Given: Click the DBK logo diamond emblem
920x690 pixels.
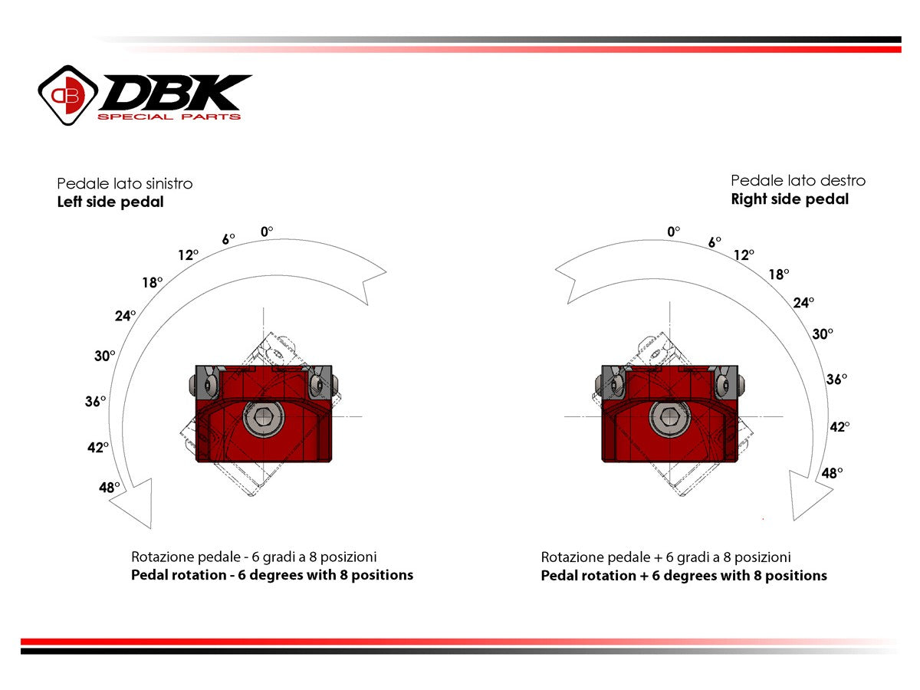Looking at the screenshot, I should pos(68,94).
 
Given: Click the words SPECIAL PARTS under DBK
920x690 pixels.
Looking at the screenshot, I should pos(169,117).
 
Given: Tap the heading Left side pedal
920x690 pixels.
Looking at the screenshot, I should pos(110,203).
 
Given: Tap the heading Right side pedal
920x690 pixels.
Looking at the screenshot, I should pos(790,199).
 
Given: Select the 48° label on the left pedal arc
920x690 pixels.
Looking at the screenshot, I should pos(110,487).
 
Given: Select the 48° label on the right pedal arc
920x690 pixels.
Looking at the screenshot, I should pos(832,473).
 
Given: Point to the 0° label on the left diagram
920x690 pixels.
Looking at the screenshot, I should pos(267,230).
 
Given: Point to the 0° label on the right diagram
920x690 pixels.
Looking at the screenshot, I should pos(674,231).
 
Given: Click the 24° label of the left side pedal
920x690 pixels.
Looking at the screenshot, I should pos(126,315).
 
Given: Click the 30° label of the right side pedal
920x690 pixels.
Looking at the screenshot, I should pos(823,333).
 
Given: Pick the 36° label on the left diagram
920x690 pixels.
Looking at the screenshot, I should pos(95,401).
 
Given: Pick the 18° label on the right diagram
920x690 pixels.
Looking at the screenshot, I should pos(778,274).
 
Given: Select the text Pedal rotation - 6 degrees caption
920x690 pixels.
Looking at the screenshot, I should pos(272,575).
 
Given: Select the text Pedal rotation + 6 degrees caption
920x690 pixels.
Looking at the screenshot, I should pos(684,576).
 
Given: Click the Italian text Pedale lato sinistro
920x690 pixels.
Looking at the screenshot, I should pos(125,184).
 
